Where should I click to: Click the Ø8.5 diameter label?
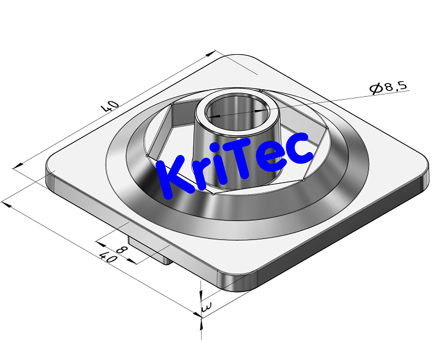pos(389,88)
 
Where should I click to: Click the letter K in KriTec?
pos(173,176)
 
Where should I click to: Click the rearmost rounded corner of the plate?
pos(238,58)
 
